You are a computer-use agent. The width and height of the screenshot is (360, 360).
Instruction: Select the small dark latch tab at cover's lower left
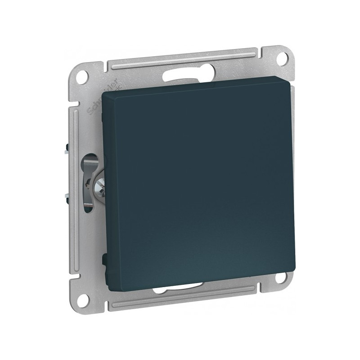[104, 258]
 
